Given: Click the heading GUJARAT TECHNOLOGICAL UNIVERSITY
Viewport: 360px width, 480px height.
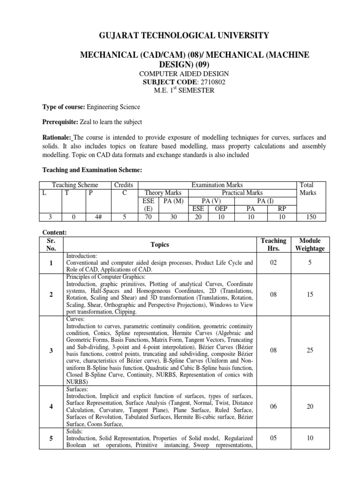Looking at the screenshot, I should coord(180,35).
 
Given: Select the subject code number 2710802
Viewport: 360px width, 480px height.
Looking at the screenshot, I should coord(201,82).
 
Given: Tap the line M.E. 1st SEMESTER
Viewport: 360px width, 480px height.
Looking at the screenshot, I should coord(180,90).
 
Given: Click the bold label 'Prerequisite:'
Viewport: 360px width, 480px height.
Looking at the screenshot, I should coord(62,122).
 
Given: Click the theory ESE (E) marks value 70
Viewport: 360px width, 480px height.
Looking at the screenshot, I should coord(148,217).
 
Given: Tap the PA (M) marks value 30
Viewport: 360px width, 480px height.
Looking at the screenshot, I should coord(172,217).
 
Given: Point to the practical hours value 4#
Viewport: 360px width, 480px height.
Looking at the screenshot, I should coord(92,217).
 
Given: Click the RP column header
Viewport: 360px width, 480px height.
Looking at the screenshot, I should coord(280,209).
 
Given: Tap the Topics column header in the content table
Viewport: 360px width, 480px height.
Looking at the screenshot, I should coord(160,244).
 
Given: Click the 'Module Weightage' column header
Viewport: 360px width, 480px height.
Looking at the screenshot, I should coord(310,244).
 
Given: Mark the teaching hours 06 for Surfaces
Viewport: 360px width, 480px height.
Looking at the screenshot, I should coord(274,406).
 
